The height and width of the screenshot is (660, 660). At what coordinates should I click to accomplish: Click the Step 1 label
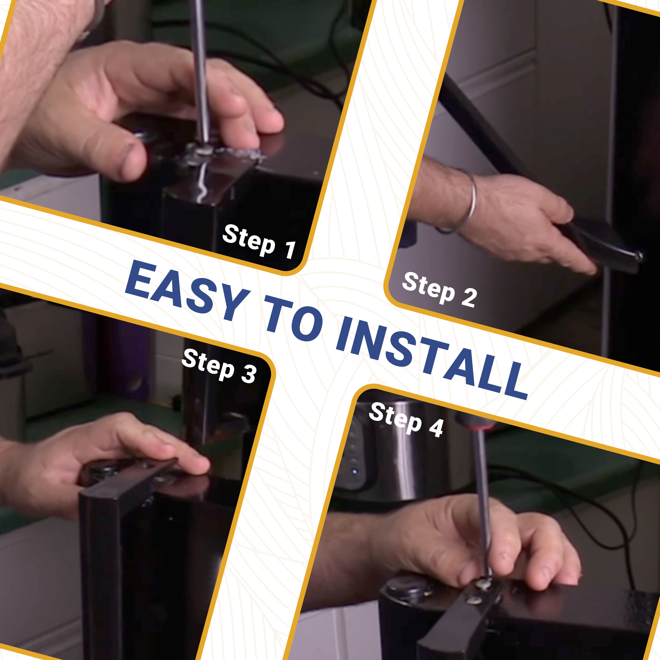(259, 241)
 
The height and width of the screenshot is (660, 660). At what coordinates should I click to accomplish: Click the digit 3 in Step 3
(249, 374)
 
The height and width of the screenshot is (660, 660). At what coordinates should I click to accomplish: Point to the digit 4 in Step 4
(436, 428)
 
